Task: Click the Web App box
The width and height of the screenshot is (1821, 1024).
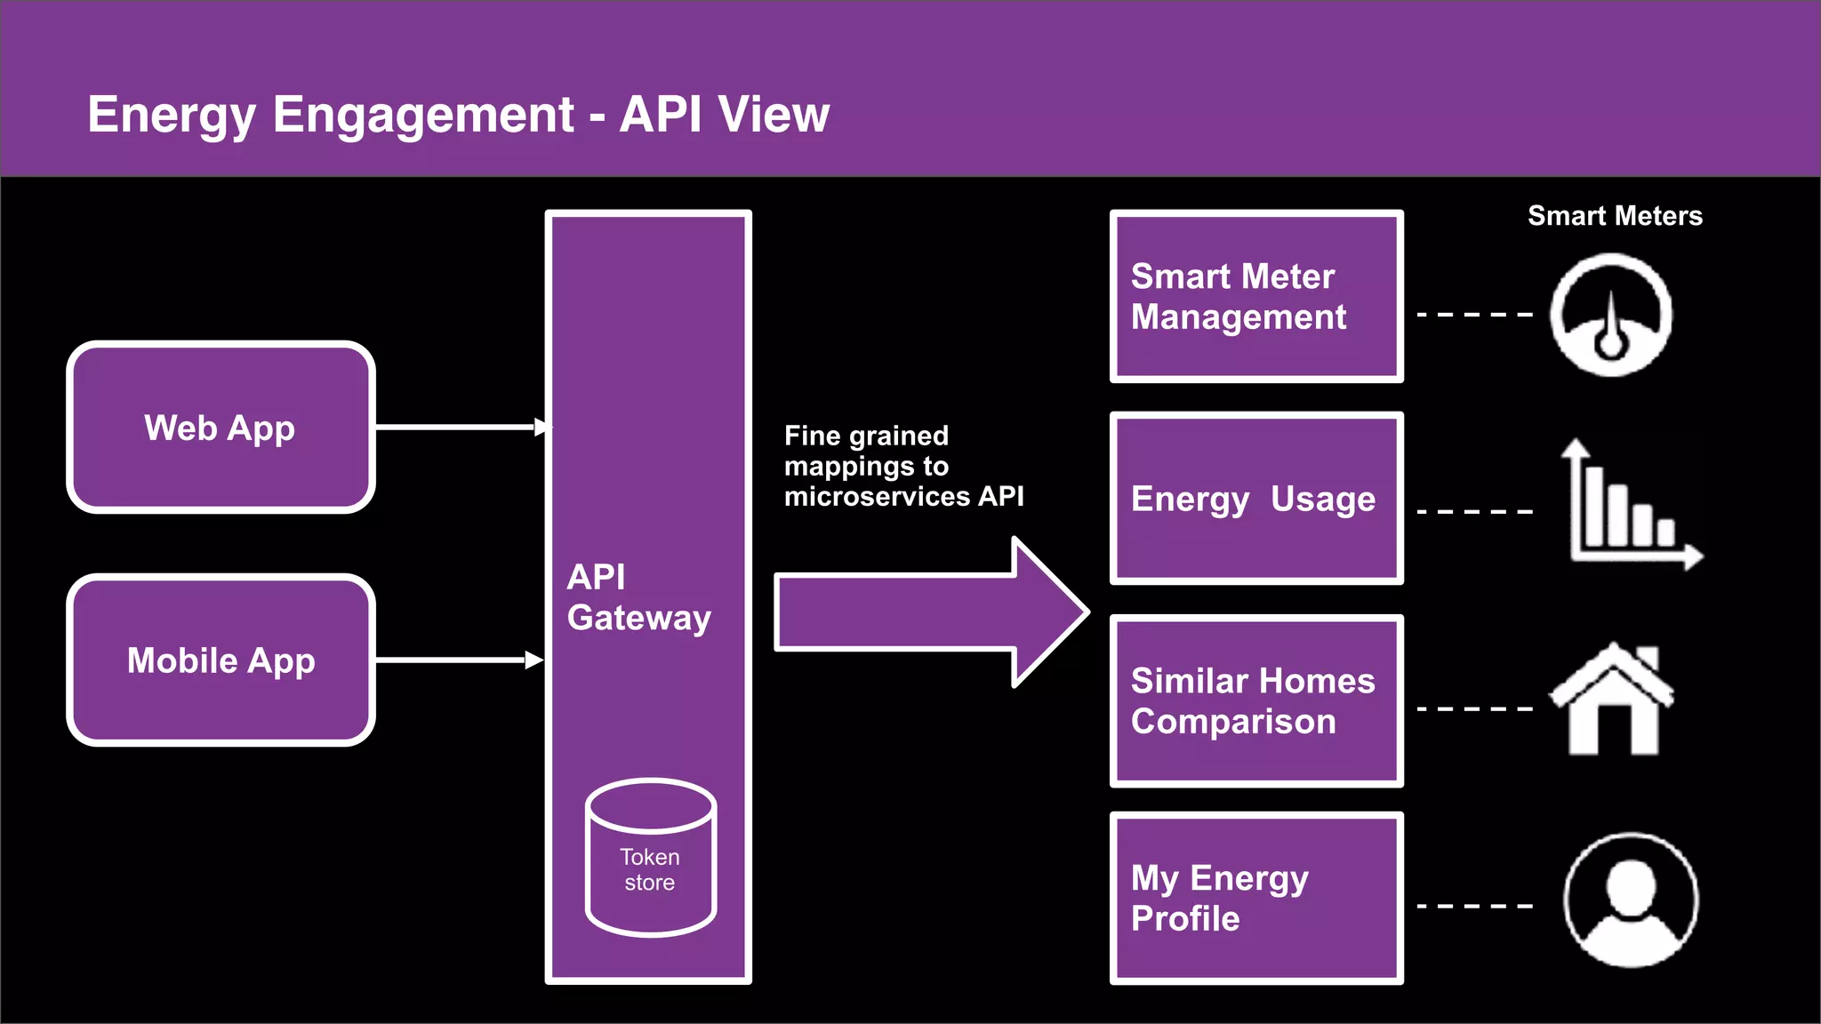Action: [221, 428]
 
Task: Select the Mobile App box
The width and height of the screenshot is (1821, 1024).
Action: [221, 660]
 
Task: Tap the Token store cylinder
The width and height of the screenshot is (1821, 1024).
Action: [650, 859]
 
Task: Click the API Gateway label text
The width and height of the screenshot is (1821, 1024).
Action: [638, 597]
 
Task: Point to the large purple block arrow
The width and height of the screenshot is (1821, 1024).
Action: [925, 612]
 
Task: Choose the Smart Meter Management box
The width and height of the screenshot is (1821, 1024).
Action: [1255, 297]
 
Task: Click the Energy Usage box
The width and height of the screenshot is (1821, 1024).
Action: [1255, 498]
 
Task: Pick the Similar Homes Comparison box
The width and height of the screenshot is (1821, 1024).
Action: [1255, 700]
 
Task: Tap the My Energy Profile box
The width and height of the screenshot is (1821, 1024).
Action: [1255, 898]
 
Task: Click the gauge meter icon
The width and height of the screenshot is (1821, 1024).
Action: [1610, 315]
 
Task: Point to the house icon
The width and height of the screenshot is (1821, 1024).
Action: [1612, 702]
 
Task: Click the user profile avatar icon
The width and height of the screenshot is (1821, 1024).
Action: [1631, 900]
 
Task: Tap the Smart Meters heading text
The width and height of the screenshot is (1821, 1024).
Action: [1615, 216]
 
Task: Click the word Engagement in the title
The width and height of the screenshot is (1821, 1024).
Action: [423, 115]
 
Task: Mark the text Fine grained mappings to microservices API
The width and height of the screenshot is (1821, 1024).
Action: [902, 466]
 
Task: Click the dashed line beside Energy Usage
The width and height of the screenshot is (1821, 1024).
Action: [1474, 512]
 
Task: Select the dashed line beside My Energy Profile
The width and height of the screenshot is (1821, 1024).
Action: [1474, 906]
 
